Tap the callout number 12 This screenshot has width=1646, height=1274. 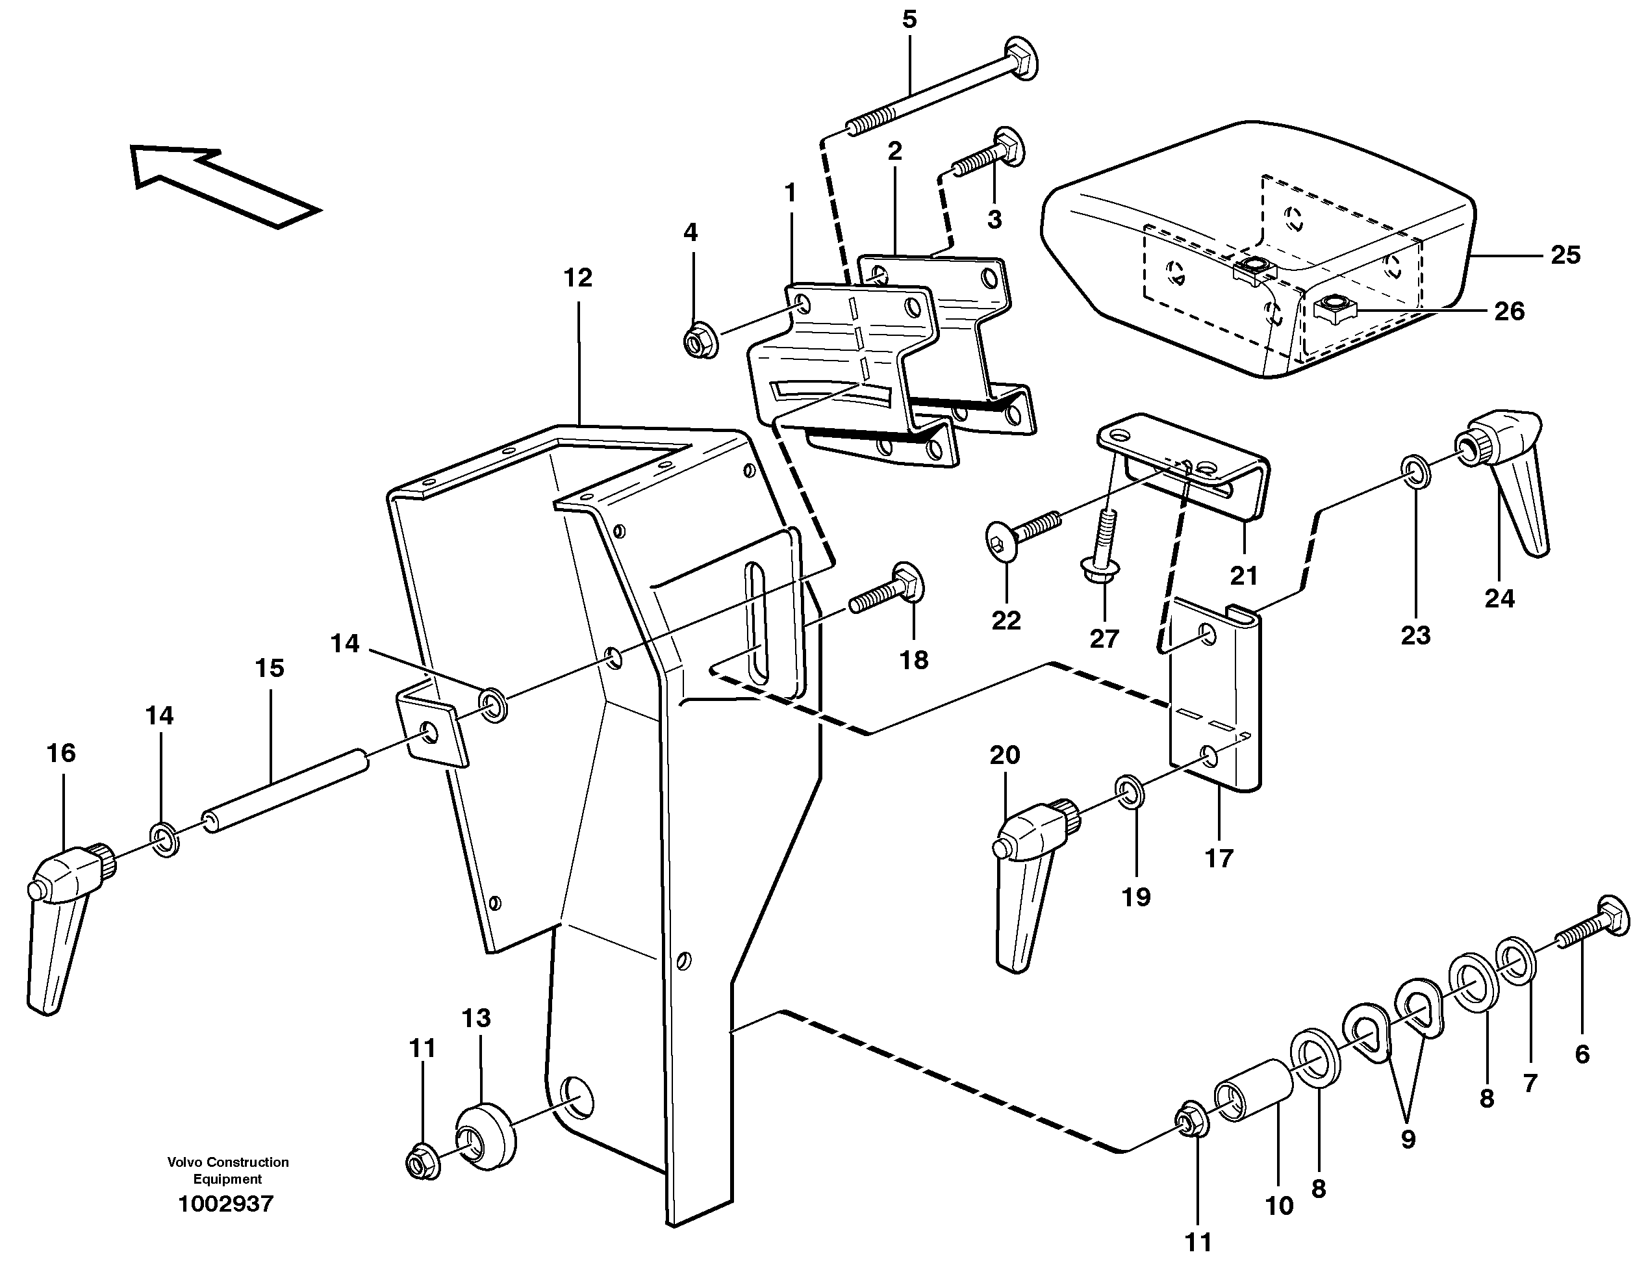click(x=578, y=278)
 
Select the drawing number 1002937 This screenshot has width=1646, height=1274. click(x=225, y=1204)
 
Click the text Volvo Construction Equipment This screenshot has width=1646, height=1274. click(x=227, y=1171)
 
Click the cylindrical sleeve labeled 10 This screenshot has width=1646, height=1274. click(x=1252, y=1090)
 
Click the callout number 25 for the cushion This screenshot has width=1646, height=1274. click(x=1565, y=255)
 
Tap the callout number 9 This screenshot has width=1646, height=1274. click(x=1408, y=1139)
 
